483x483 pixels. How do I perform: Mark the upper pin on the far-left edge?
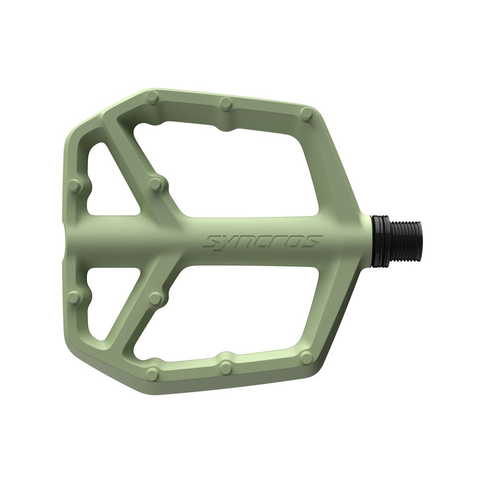click(73, 186)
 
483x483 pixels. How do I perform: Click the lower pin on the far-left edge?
click(73, 298)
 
